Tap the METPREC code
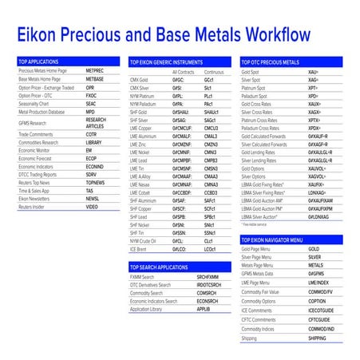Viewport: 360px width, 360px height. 95,70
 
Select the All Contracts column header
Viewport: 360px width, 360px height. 184,71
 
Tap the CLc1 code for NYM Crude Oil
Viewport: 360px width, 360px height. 209,239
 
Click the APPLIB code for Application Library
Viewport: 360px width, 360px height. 204,308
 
